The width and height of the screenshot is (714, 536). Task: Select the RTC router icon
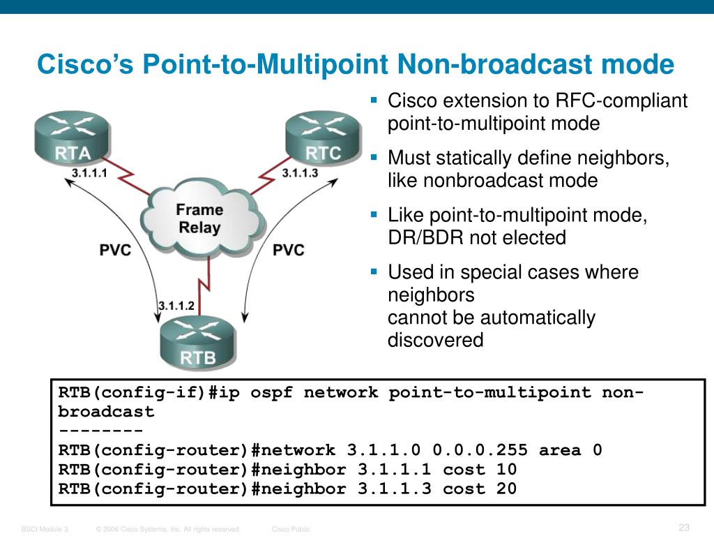(323, 137)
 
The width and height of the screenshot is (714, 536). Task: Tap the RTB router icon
(199, 344)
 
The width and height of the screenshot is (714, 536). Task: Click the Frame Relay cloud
(199, 218)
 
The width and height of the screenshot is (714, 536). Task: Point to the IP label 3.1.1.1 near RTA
(89, 174)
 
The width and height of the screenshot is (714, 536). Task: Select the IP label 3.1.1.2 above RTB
(176, 306)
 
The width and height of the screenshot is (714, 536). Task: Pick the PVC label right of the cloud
(288, 250)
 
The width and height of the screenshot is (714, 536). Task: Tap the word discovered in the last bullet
(435, 341)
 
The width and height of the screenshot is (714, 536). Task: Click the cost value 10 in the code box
(506, 470)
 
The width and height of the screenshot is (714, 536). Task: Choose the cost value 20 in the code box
(506, 489)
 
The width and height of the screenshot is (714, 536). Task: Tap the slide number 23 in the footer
(684, 527)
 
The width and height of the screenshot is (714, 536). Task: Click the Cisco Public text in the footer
(291, 530)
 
